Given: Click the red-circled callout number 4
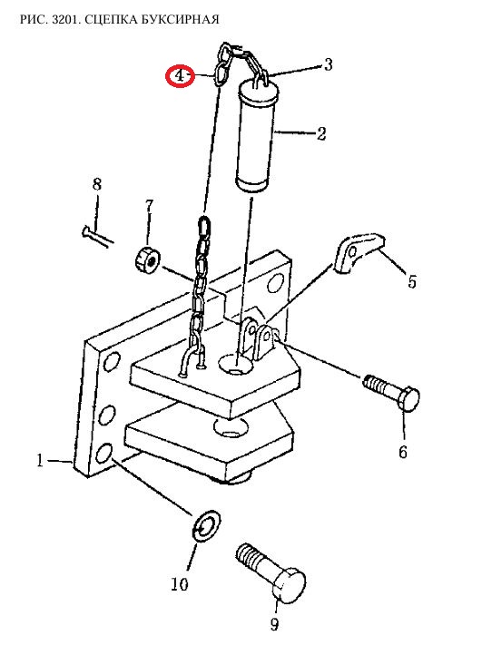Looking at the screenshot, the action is coord(180,76).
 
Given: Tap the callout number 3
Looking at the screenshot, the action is coord(329,64).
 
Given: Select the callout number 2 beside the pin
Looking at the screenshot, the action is coord(321,134).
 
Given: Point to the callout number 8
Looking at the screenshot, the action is coord(97,184).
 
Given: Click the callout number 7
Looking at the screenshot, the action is coord(149,206).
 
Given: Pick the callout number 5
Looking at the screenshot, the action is coord(412,282).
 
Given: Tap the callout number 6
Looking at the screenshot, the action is coord(402,452).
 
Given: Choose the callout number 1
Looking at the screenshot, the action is coord(40,460).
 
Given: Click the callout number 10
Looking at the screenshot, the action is coord(180,584).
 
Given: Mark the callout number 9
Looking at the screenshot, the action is coord(274,624).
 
